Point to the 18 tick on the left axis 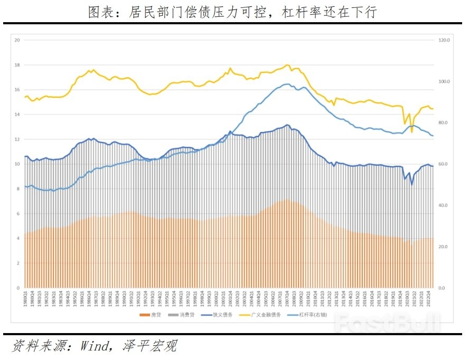click(17, 65)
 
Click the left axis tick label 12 click(17, 139)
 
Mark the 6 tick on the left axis click(18, 214)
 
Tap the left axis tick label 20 click(17, 40)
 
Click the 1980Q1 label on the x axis click(25, 298)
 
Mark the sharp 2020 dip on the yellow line click(412, 131)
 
